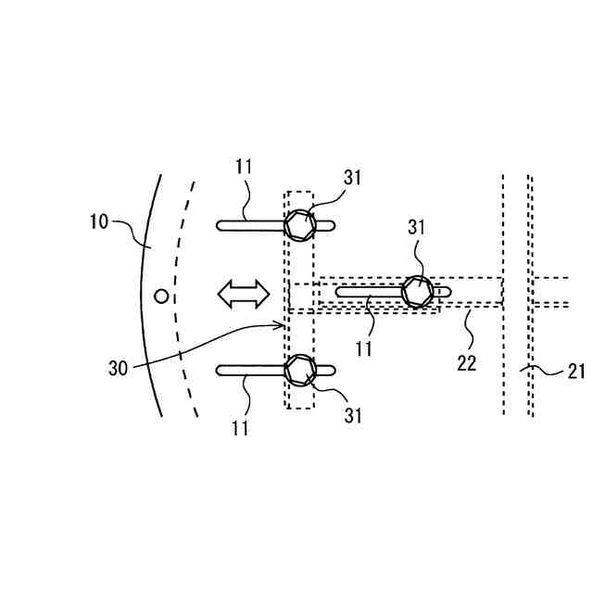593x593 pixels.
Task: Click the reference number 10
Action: [x=99, y=221]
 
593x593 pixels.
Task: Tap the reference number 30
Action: [x=118, y=368]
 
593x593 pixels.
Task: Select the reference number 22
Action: [x=466, y=363]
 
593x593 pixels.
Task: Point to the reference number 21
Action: [x=576, y=372]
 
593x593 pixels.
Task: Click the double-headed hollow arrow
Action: [x=243, y=295]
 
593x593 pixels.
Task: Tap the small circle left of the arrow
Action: [x=161, y=296]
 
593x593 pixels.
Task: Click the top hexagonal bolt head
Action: [x=299, y=224]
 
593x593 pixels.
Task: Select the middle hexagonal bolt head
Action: [x=418, y=293]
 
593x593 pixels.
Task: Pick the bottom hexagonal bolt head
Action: [x=299, y=370]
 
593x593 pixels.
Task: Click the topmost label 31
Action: [x=352, y=178]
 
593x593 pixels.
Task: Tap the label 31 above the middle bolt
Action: [x=417, y=227]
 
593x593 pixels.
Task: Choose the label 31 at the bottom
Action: [x=352, y=416]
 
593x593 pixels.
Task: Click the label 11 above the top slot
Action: [x=244, y=167]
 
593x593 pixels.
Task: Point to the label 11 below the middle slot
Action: [x=363, y=348]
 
